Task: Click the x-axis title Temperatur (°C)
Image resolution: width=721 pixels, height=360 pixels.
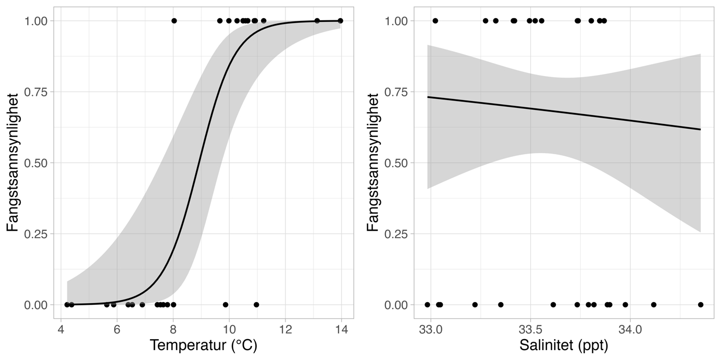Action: pos(203,345)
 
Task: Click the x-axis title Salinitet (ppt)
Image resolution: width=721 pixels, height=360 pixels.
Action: pos(564,345)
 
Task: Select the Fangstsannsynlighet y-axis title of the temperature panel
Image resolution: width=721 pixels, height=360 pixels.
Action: pos(14,163)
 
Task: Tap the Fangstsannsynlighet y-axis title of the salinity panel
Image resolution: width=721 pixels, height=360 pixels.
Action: pos(374,163)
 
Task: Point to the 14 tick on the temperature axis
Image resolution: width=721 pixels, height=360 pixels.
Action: pos(341,330)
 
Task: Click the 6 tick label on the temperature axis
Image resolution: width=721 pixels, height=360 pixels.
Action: pos(117,330)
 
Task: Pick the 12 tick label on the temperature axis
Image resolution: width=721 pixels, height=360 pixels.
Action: pos(285,330)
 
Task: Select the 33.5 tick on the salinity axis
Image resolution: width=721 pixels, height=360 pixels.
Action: pos(530,330)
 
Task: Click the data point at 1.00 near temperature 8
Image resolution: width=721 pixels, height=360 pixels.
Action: pos(174,21)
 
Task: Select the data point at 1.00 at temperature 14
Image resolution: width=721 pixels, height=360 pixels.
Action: pos(341,21)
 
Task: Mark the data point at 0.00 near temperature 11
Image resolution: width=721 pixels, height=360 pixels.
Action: pos(256,305)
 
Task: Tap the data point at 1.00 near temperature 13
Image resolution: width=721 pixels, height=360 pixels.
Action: pos(317,21)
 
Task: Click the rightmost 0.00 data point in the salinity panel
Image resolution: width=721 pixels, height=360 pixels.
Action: pos(701,305)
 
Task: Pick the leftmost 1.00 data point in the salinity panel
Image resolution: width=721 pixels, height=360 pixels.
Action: pos(435,21)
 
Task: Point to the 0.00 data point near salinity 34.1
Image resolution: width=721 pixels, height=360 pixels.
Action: pos(654,305)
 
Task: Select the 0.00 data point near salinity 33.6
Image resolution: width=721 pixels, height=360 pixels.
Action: pos(553,305)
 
